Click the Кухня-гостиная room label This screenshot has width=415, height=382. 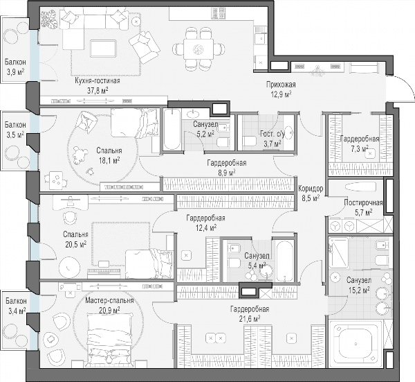point(98,80)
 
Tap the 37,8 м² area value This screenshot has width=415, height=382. point(98,91)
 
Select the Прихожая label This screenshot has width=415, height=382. point(281,85)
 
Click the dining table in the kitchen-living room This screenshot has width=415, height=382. point(199,49)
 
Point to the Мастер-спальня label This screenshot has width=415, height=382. point(109,301)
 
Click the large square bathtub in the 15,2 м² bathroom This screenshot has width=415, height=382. point(354,344)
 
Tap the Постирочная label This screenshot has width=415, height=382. point(363,203)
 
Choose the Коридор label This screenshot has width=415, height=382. point(311,189)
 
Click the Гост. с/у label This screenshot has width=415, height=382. point(272,134)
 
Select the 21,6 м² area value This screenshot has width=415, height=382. point(249,319)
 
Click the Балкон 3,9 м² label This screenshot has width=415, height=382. point(15,67)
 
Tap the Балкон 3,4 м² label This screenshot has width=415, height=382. point(16,306)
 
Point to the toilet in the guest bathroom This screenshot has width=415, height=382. point(249,141)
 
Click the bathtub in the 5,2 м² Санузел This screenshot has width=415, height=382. point(172,130)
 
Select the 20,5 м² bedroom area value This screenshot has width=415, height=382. point(76,244)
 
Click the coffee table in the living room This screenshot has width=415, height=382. point(103,48)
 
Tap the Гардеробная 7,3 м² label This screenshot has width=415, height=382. point(360,144)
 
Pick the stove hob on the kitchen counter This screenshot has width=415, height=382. point(219,13)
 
